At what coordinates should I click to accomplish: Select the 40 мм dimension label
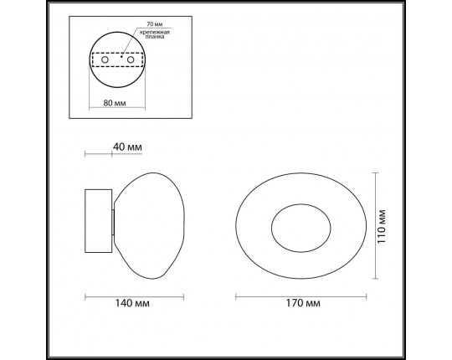126,147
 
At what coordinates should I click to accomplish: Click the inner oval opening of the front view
301,226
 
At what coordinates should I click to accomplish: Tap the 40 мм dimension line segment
98,153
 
